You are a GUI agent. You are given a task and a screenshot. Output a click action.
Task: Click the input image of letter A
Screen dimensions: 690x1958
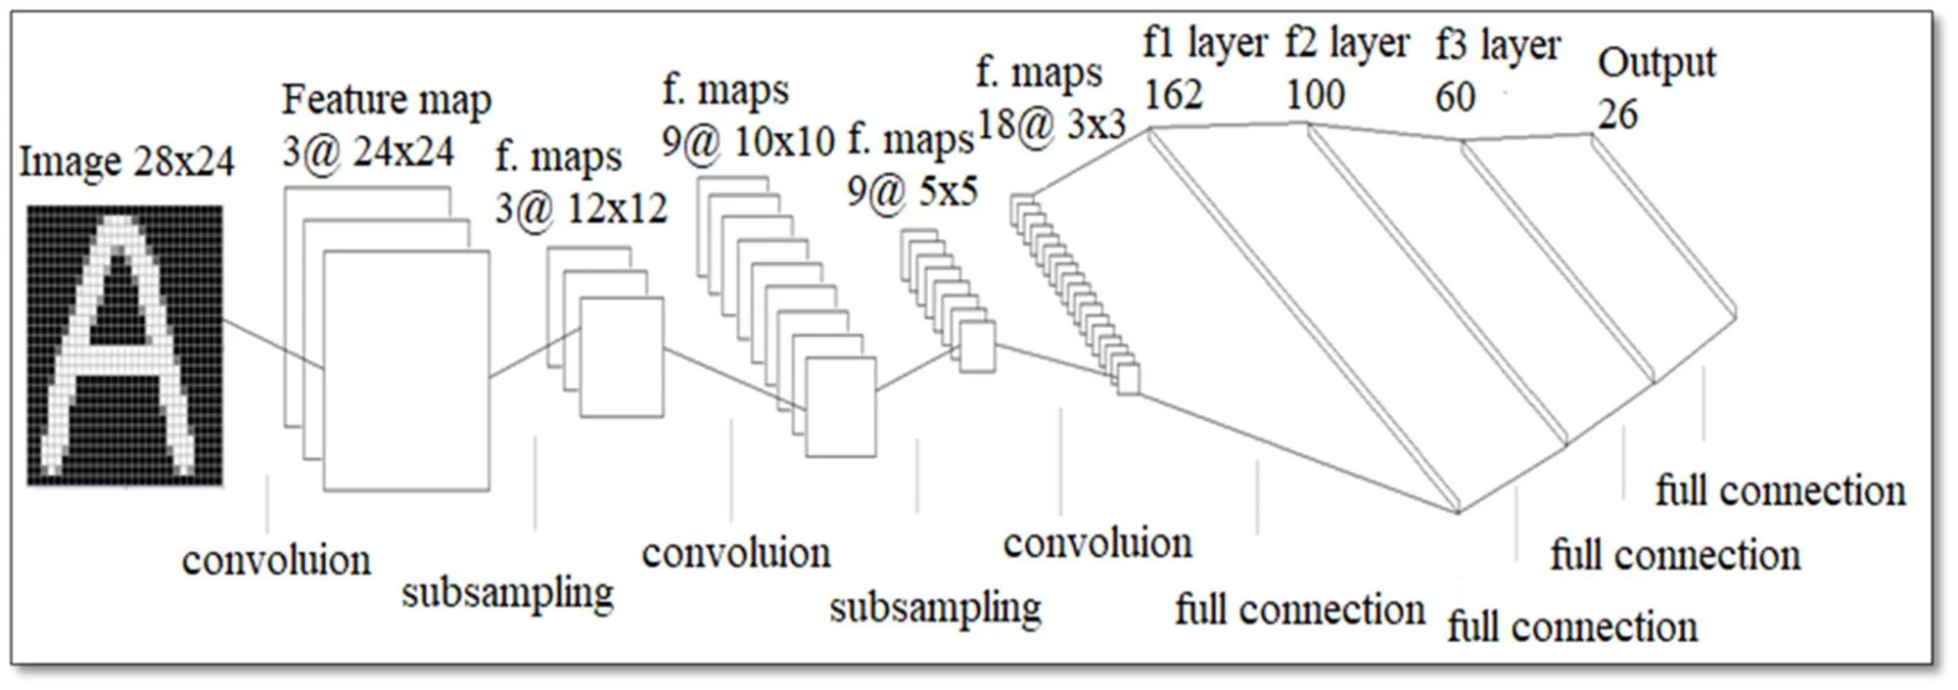point(124,345)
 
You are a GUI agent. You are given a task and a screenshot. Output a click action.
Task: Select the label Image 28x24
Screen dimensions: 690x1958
point(126,161)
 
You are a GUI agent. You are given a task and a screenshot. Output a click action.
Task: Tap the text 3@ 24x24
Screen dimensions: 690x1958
point(368,152)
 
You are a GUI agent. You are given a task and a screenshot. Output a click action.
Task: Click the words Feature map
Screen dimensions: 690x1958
point(387,100)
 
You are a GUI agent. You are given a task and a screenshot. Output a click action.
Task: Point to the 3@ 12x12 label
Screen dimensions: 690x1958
point(581,208)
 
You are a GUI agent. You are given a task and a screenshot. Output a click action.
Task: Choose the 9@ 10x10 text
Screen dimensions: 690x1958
point(748,142)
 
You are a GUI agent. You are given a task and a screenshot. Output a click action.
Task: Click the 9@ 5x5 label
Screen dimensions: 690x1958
point(911,191)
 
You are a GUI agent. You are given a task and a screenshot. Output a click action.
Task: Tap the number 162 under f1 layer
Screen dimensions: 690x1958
point(1173,95)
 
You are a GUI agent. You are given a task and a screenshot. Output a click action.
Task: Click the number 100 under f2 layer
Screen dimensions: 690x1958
point(1315,95)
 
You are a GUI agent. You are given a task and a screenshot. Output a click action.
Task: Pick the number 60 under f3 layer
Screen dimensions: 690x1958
point(1455,97)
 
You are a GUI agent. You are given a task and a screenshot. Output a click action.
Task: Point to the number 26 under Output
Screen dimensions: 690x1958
point(1617,115)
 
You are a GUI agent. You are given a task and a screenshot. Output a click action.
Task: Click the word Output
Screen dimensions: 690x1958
point(1656,64)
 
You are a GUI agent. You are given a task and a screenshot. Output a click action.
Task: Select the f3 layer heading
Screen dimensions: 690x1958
point(1498,45)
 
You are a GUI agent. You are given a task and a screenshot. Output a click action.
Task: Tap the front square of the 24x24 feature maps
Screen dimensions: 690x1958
point(406,370)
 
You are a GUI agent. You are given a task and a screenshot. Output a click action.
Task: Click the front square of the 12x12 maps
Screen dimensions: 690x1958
point(622,357)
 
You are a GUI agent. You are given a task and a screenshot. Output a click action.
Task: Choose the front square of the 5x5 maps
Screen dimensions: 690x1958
point(977,346)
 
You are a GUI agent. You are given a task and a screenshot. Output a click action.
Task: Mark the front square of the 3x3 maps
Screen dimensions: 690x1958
point(1129,380)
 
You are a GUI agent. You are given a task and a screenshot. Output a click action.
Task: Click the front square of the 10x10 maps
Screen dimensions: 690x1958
point(840,406)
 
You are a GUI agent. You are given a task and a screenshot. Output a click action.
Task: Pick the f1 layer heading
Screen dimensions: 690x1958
point(1204,43)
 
